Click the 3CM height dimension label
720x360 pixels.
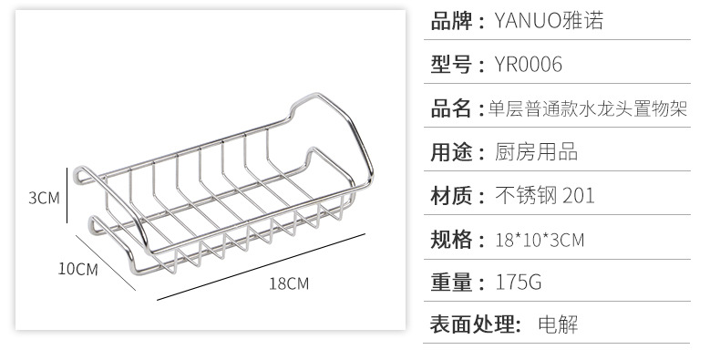pos(44,198)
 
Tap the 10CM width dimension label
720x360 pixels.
pos(78,269)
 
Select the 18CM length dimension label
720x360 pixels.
pos(289,283)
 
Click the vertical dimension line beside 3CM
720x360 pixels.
pos(67,195)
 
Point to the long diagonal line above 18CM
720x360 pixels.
pos(261,267)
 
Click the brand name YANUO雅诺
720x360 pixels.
pos(549,21)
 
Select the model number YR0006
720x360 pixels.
pos(528,65)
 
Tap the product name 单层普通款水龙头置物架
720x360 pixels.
pos(588,109)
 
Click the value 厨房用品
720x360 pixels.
pos(536,152)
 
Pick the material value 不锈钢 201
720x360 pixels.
pos(545,196)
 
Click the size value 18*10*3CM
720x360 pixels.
pos(540,241)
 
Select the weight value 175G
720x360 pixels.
pos(519,282)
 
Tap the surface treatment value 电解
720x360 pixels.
pos(558,324)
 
